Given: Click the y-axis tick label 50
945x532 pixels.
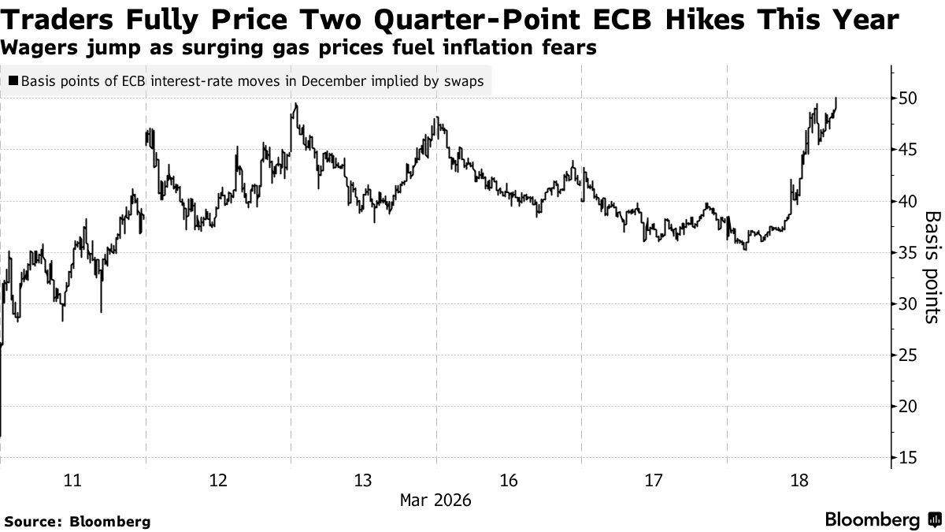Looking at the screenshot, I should [x=907, y=99].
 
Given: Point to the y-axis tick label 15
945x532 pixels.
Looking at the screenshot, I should [x=907, y=458].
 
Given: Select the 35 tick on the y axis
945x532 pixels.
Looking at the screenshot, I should [x=907, y=252].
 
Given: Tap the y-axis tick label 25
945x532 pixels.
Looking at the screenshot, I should [x=907, y=355].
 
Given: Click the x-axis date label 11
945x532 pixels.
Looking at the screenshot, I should [x=72, y=480].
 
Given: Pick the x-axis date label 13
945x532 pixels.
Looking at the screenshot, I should [x=363, y=480].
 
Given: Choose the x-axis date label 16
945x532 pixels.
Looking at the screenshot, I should [x=509, y=480].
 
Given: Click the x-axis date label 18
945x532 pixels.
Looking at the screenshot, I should [x=800, y=480].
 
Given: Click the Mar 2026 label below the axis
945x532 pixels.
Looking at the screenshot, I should [x=435, y=500].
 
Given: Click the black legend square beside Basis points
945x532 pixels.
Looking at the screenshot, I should [x=13, y=80].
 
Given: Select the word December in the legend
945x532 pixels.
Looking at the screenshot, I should [x=329, y=80].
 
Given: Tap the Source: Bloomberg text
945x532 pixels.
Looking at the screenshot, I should [x=76, y=521].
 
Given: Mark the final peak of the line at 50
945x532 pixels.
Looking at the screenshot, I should [x=836, y=98].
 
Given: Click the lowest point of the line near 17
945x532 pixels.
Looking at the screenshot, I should [x=1, y=436].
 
